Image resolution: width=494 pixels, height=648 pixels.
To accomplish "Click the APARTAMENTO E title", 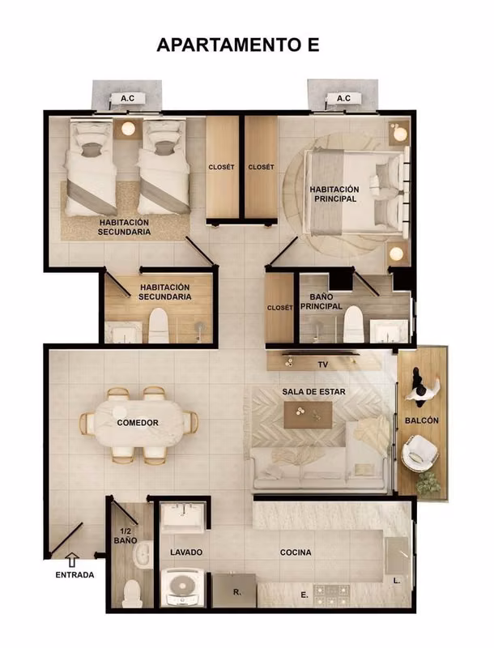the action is coord(238,45).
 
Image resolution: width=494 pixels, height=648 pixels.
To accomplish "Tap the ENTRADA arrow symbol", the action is coord(72,560).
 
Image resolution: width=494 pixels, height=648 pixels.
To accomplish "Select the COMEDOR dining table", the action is coord(138,423).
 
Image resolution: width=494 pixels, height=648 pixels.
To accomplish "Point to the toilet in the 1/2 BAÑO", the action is coord(133,593).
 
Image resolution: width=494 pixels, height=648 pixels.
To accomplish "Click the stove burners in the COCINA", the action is coord(331,595).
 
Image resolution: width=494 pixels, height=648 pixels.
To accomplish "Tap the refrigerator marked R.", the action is coord(234,590).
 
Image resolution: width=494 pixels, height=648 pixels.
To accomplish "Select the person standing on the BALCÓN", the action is coord(422,385).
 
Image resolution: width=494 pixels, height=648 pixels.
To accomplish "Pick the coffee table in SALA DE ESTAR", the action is coord(308,415).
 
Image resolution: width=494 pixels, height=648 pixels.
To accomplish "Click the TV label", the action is coord(323,364).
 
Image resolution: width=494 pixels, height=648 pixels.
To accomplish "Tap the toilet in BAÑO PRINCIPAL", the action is coord(354,324).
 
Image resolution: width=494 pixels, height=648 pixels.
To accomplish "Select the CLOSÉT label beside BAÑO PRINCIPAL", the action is coord(279,308).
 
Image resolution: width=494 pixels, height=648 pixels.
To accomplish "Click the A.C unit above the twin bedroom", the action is coord(128,98).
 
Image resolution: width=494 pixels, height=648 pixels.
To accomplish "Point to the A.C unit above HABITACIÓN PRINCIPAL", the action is coord(343,98).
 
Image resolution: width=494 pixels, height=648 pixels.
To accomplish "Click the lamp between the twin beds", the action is coord(128,129).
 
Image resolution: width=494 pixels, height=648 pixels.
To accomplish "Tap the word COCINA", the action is coord(296,552).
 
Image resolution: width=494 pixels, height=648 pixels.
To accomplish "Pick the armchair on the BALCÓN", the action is coord(419,453).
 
